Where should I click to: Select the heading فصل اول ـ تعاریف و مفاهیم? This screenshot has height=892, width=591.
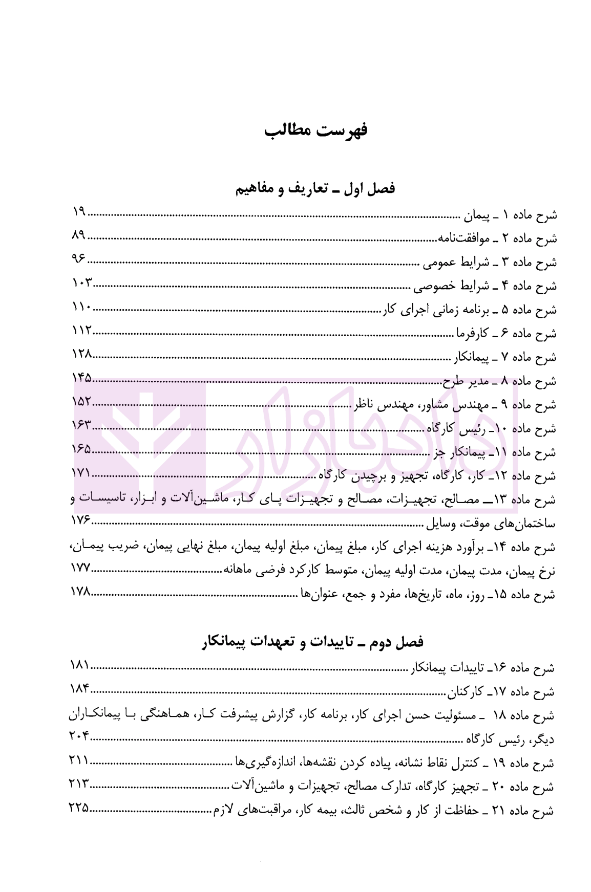(315, 189)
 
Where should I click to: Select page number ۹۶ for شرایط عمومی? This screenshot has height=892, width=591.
(78, 259)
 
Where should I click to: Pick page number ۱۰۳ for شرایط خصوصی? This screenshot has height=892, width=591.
(81, 284)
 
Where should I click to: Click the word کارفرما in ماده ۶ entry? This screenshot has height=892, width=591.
(470, 334)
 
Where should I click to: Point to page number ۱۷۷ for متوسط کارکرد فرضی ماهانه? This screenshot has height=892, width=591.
(80, 569)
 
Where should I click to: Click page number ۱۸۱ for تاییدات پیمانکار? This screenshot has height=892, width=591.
(79, 665)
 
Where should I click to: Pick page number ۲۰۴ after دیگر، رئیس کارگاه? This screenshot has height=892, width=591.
(79, 736)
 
